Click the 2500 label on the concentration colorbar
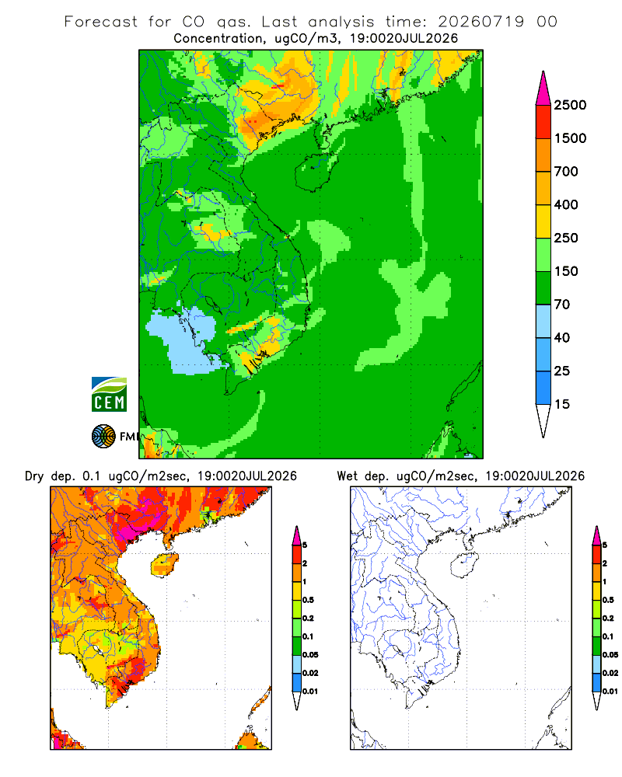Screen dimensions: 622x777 (570, 105)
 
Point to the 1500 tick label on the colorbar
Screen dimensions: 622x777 (570, 138)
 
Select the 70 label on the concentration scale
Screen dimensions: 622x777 (562, 305)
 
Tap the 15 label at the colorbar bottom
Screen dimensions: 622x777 (562, 404)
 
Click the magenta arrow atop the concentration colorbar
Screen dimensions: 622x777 (543, 89)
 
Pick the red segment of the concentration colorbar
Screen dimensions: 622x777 (543, 122)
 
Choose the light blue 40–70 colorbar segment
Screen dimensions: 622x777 (543, 321)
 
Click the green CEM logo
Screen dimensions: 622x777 (109, 395)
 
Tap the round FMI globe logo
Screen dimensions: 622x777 (103, 437)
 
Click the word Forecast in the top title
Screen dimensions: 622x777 (101, 22)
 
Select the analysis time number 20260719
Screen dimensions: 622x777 (480, 22)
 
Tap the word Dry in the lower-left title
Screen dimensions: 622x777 (34, 476)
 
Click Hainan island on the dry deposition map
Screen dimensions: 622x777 (164, 565)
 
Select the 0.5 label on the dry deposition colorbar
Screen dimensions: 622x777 (308, 600)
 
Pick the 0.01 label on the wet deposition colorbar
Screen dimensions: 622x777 (610, 692)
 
